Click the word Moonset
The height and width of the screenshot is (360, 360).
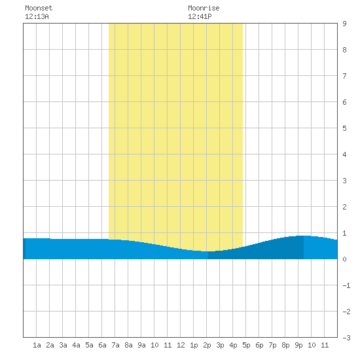coord(39,8)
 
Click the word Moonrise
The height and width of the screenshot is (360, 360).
coord(204,8)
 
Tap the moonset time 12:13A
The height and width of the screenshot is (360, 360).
coord(37,16)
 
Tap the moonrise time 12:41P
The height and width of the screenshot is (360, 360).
coord(200,16)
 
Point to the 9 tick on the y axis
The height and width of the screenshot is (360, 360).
coord(344,24)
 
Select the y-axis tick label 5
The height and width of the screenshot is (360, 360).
coord(344,128)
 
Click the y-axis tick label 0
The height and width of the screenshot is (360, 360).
coord(344,259)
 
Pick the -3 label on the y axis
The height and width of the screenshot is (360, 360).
coord(346,338)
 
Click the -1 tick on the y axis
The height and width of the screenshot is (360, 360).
coord(346,285)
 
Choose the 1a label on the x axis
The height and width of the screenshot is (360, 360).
coord(37,345)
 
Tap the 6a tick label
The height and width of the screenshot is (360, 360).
coord(102,345)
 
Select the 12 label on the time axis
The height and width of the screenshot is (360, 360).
coord(181,345)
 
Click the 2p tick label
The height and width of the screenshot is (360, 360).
coord(207,345)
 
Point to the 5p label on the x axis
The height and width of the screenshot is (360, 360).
coord(246,345)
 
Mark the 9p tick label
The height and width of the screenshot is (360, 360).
coord(298,345)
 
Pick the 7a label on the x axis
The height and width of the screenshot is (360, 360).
coord(115,345)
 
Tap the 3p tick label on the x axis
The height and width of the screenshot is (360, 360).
coord(220,345)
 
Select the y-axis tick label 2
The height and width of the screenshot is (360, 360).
coord(344,207)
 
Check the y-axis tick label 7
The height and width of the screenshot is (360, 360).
coord(344,76)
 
